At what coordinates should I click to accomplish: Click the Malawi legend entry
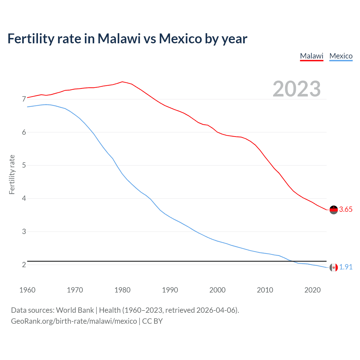pyautogui.click(x=312, y=56)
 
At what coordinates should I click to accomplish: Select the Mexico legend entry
pyautogui.click(x=341, y=56)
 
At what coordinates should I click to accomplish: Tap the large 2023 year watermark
pyautogui.click(x=297, y=89)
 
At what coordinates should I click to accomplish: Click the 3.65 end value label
pyautogui.click(x=346, y=209)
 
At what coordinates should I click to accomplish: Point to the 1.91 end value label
pyautogui.click(x=346, y=267)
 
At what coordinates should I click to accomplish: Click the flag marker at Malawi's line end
pyautogui.click(x=334, y=210)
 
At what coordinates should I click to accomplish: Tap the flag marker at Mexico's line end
pyautogui.click(x=334, y=267)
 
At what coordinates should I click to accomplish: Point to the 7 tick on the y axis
pyautogui.click(x=24, y=99)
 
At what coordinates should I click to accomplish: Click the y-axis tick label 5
pyautogui.click(x=24, y=165)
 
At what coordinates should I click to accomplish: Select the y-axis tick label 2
pyautogui.click(x=24, y=265)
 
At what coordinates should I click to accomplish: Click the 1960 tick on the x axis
pyautogui.click(x=27, y=290)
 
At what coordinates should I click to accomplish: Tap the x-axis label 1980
pyautogui.click(x=122, y=290)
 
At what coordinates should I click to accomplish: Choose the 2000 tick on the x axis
pyautogui.click(x=217, y=290)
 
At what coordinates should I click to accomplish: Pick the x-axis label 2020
pyautogui.click(x=312, y=290)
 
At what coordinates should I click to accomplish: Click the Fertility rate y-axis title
pyautogui.click(x=12, y=174)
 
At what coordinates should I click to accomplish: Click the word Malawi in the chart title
pyautogui.click(x=119, y=39)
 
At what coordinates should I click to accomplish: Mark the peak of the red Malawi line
pyautogui.click(x=122, y=82)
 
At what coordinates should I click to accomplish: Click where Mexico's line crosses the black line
pyautogui.click(x=292, y=261)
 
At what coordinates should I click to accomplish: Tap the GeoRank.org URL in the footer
pyautogui.click(x=74, y=321)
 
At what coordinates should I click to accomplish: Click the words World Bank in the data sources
pyautogui.click(x=75, y=310)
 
